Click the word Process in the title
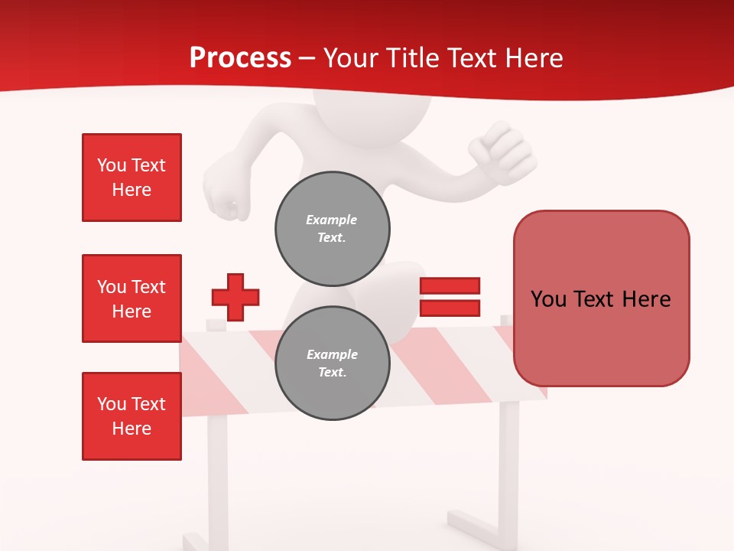click(240, 58)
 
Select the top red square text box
click(132, 178)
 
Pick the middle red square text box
click(132, 298)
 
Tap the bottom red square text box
click(132, 416)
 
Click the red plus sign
click(235, 297)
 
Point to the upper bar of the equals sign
click(450, 285)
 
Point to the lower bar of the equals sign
click(450, 308)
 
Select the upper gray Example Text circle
click(333, 229)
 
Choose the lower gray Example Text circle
click(333, 364)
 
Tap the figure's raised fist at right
click(501, 149)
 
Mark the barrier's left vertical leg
click(217, 474)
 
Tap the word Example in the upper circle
click(332, 220)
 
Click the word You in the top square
click(112, 165)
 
